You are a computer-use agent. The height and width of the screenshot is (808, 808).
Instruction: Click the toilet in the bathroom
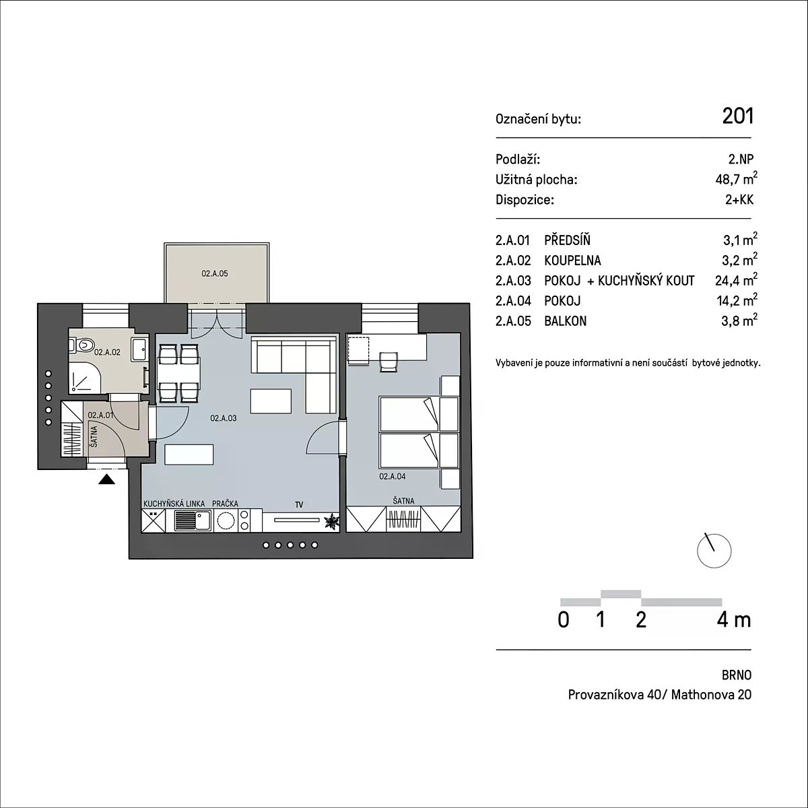point(83,345)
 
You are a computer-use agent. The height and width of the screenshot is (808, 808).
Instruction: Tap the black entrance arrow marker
point(106,479)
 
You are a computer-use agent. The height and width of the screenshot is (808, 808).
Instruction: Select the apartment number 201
point(737,116)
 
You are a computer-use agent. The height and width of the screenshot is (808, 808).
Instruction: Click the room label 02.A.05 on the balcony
point(215,274)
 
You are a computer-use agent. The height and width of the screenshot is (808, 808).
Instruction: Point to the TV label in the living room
point(299,505)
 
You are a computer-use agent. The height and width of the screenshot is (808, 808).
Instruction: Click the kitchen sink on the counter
point(193,520)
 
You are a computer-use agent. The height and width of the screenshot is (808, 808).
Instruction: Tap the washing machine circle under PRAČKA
point(226,520)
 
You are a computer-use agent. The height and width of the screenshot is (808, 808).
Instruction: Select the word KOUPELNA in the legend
point(572,261)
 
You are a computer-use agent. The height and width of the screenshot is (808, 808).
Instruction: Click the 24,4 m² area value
point(737,279)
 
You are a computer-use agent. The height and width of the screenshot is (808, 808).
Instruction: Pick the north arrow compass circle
point(714,551)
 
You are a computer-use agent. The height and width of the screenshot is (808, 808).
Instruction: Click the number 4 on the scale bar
point(723,620)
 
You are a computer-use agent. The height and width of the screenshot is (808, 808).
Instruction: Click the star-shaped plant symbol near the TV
point(332,521)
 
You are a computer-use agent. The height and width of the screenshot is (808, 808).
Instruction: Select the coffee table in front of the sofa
point(271,401)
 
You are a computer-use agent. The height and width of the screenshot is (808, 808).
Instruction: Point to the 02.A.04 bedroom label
point(393,476)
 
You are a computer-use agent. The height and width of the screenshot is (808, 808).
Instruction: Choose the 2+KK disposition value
point(739,199)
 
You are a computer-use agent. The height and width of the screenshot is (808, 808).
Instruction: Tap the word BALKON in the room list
point(565,321)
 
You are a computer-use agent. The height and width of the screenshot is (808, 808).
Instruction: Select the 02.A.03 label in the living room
point(224,418)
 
